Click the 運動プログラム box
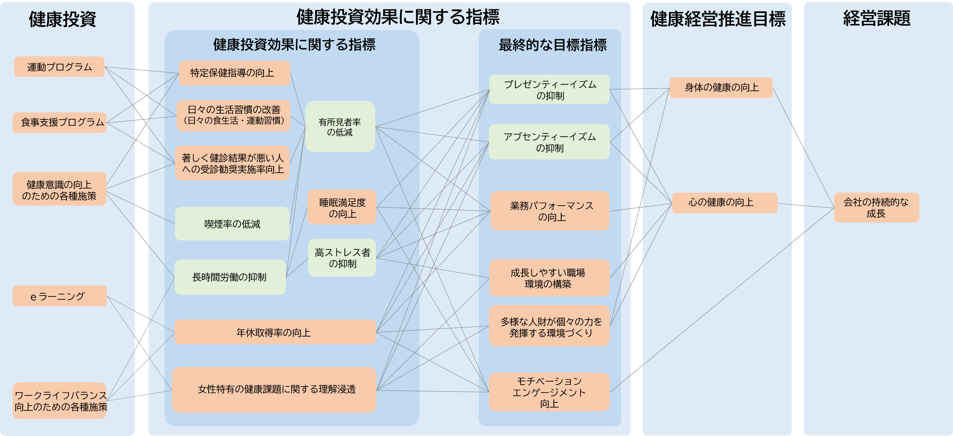[x=59, y=67]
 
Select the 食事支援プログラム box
[x=60, y=122]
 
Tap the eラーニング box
[x=59, y=296]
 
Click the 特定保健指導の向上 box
[x=234, y=73]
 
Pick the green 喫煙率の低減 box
[x=232, y=224]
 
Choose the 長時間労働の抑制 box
[x=230, y=277]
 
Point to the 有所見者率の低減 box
[x=340, y=127]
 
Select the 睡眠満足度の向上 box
[x=342, y=208]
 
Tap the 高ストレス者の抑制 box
[x=342, y=258]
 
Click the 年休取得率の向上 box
[x=275, y=333]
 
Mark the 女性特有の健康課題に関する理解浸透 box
[x=274, y=390]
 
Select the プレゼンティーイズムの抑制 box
[x=549, y=90]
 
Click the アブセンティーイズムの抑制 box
[x=549, y=142]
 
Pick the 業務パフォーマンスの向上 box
[x=550, y=211]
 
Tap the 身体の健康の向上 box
[x=721, y=88]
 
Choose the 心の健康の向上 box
[x=724, y=203]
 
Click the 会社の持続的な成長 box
[x=876, y=208]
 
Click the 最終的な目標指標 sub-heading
[x=553, y=45]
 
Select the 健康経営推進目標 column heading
[x=717, y=19]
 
